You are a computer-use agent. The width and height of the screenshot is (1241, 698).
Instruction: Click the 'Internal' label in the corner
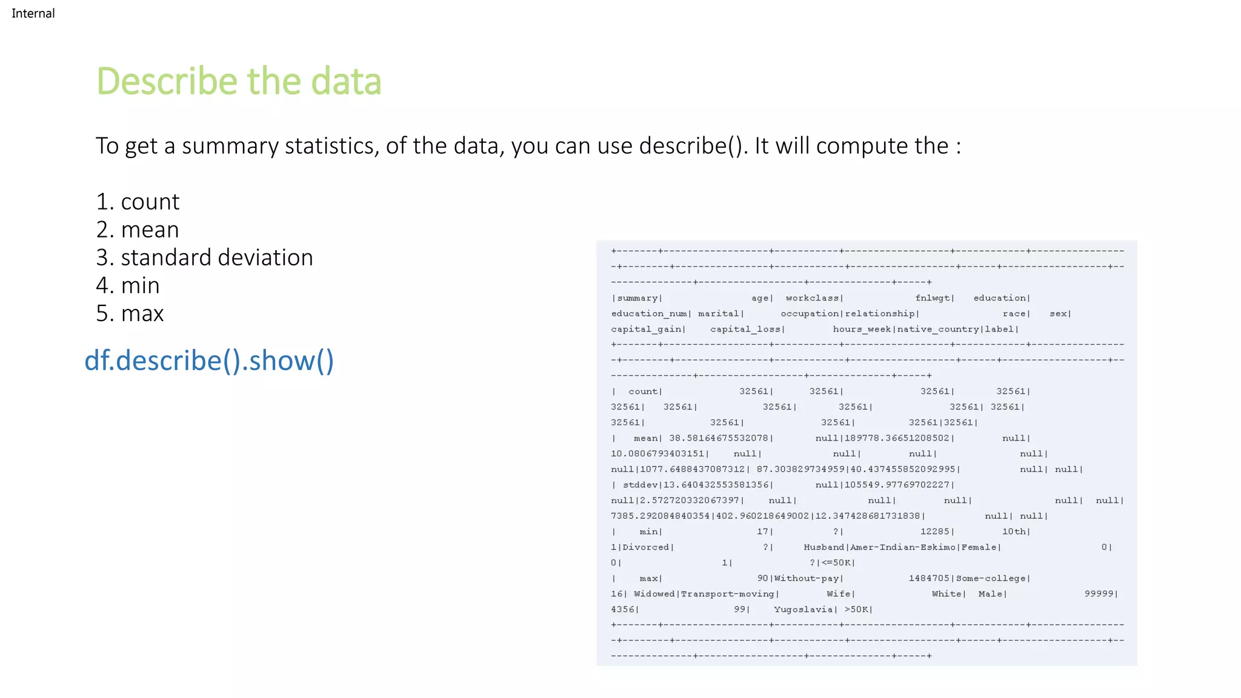click(33, 13)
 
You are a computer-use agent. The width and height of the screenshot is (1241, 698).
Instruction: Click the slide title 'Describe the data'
click(239, 81)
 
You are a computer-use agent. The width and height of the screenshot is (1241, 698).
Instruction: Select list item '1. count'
click(138, 202)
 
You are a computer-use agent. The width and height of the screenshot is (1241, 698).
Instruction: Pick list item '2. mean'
click(138, 230)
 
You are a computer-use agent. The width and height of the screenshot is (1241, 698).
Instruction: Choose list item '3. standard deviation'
click(204, 258)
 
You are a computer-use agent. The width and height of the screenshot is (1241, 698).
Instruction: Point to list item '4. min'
click(128, 285)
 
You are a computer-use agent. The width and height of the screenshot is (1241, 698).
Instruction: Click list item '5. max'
click(130, 313)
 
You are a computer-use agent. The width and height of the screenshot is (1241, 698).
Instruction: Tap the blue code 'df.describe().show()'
click(209, 361)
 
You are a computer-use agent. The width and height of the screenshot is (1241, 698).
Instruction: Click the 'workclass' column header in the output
click(812, 298)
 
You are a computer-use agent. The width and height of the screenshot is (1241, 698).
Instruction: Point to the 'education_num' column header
click(649, 314)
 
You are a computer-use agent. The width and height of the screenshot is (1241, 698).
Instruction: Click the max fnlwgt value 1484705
click(929, 579)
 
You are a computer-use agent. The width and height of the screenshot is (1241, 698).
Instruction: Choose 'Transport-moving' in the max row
click(728, 594)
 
